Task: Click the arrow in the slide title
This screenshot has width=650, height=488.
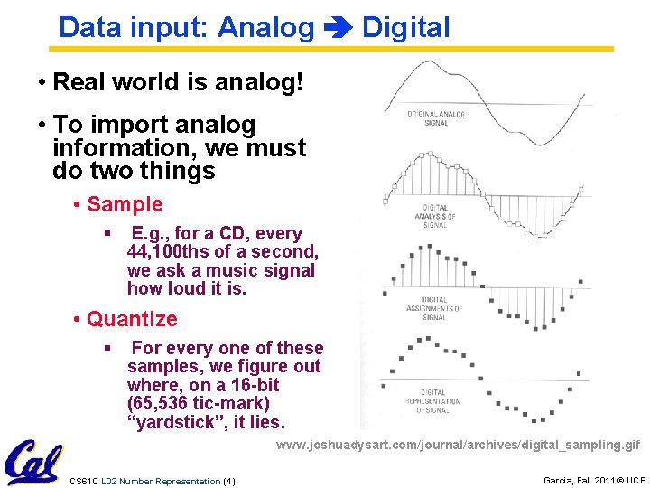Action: click(338, 28)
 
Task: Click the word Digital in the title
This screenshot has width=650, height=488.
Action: click(405, 28)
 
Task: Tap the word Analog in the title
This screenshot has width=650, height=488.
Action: click(265, 28)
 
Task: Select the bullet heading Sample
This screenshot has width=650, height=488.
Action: click(125, 205)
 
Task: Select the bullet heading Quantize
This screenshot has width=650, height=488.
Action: click(132, 319)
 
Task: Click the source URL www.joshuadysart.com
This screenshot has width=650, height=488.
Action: click(458, 445)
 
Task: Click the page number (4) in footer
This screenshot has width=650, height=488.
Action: click(228, 481)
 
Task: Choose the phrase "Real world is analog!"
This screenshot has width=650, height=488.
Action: click(179, 83)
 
